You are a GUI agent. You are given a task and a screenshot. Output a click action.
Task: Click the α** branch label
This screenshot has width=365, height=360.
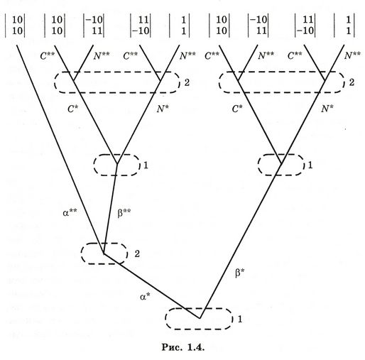70,212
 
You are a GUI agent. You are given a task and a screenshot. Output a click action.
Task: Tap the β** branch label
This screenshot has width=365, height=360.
124,212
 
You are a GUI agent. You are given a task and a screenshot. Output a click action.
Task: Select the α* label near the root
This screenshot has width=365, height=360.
145,296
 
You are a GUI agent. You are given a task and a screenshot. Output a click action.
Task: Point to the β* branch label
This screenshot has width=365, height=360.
239,273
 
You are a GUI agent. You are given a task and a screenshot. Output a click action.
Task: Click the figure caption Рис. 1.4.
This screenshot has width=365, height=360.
183,347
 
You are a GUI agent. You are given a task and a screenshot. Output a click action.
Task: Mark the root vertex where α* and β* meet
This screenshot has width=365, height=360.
200,318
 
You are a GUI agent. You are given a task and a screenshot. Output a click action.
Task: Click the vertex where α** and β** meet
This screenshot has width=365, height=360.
104,253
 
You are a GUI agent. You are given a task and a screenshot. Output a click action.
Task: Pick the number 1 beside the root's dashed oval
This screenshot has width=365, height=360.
240,319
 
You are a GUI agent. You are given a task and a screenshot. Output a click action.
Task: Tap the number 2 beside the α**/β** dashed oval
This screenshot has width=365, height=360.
137,254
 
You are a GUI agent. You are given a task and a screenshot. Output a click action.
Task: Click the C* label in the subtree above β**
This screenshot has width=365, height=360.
72,109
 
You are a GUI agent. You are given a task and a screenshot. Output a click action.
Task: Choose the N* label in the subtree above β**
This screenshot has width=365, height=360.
163,109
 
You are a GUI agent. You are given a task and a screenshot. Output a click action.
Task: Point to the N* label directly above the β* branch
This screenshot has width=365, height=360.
327,109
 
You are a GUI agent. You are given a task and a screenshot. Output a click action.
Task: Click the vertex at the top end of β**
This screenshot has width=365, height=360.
117,163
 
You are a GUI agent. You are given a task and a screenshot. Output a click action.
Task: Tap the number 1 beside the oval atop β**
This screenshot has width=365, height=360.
146,165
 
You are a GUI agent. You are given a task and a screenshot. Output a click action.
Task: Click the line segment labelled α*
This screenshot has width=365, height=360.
151,286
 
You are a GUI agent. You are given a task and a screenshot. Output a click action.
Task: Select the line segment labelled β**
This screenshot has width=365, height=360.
110,208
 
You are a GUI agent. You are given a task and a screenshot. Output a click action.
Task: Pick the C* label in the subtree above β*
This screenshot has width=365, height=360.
237,109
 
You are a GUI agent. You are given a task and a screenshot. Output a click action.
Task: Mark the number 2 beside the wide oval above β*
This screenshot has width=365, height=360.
352,82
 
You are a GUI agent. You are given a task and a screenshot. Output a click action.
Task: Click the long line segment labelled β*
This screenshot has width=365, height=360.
241,241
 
